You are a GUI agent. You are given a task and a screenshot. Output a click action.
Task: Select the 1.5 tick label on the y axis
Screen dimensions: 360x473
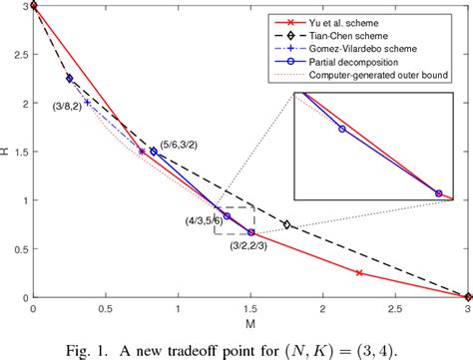click(x=20, y=152)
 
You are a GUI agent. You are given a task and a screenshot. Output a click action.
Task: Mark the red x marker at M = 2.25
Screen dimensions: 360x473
click(x=359, y=273)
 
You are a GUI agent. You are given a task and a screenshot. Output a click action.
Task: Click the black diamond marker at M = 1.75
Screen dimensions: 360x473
click(x=287, y=224)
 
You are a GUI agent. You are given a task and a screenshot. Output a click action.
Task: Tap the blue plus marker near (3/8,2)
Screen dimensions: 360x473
click(x=88, y=102)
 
